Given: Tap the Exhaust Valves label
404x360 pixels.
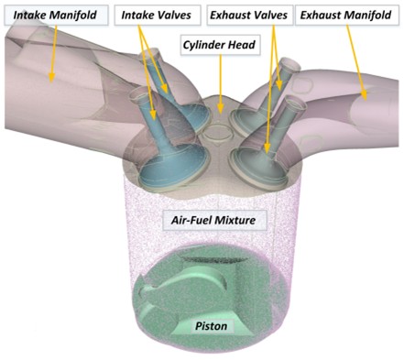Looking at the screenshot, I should pyautogui.click(x=247, y=16).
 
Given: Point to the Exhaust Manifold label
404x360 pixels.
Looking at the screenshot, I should pyautogui.click(x=347, y=16).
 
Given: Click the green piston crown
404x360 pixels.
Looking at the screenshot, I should pyautogui.click(x=206, y=293).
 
